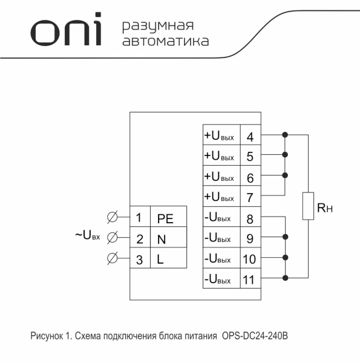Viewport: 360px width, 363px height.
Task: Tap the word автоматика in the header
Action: tap(166, 42)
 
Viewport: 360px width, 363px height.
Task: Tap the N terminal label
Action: tap(162, 239)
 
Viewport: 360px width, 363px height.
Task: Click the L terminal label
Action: tap(160, 260)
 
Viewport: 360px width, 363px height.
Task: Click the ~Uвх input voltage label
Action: tap(88, 235)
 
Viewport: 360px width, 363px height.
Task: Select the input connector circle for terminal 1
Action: tap(112, 217)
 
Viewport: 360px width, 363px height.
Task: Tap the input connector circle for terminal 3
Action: tap(112, 258)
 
